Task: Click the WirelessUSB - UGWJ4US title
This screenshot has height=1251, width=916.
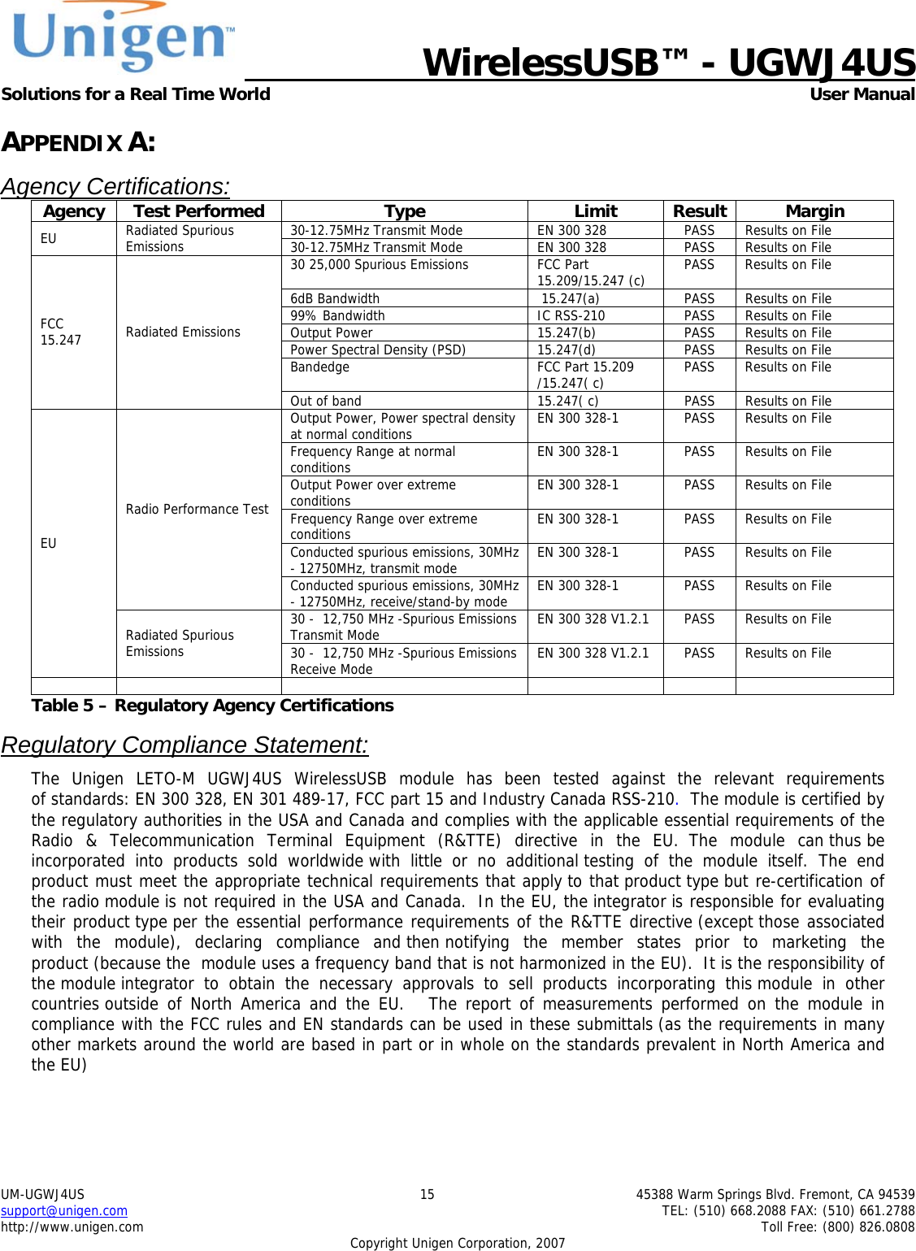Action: click(x=668, y=63)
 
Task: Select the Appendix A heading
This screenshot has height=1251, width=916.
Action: click(x=78, y=142)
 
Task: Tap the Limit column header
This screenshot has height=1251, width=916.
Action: click(x=596, y=211)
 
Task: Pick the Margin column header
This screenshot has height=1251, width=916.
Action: click(x=814, y=211)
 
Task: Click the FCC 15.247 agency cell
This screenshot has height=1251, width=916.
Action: click(x=61, y=332)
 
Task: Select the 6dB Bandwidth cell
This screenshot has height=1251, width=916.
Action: click(x=335, y=299)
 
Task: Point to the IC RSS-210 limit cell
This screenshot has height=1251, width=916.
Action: click(x=571, y=316)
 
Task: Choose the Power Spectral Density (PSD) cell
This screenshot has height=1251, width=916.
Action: click(x=378, y=350)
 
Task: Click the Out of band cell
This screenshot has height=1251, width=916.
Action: click(x=326, y=402)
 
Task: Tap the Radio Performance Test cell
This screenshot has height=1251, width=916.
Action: click(x=197, y=510)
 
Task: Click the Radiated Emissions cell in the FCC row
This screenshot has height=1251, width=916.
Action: click(x=183, y=332)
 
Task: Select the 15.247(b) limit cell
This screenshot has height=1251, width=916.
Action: click(x=566, y=333)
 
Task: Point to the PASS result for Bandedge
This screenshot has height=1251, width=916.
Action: click(x=699, y=367)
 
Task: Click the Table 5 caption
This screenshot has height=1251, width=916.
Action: click(x=212, y=706)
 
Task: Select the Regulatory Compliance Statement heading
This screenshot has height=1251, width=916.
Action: click(x=185, y=745)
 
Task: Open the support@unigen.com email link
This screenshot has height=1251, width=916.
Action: click(x=64, y=1211)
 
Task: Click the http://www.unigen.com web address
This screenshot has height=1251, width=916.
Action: click(x=72, y=1227)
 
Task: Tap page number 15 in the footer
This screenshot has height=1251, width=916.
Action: click(x=427, y=1195)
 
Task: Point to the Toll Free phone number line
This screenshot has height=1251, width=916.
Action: click(x=837, y=1227)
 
